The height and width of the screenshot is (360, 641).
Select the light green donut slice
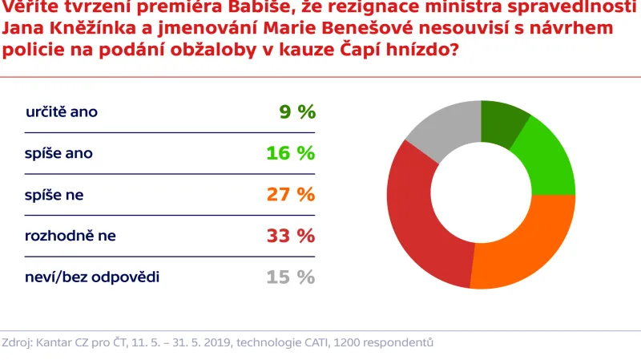tap(546, 160)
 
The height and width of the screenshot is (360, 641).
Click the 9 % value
tap(297, 112)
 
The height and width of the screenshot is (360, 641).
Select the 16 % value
tap(290, 153)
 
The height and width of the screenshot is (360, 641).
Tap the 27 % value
tap(290, 195)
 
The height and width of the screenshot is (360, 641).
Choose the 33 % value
tap(290, 236)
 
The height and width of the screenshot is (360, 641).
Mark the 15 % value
tap(290, 277)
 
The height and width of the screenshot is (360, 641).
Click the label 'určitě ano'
tap(62, 112)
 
